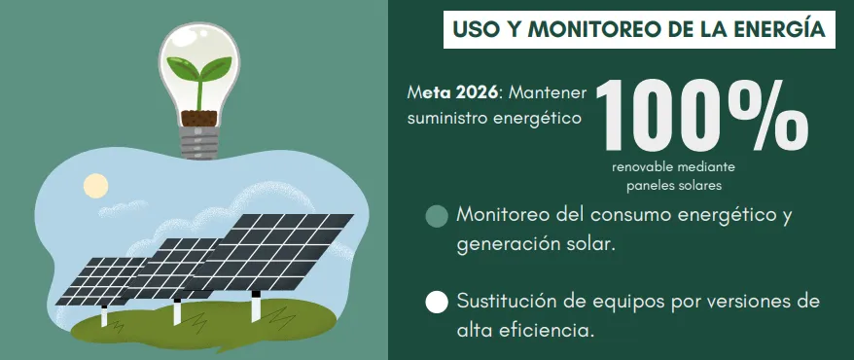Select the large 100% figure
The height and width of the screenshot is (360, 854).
(700, 114)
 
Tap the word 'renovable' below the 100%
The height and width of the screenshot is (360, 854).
(648, 167)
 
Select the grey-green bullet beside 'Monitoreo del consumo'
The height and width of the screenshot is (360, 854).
(438, 216)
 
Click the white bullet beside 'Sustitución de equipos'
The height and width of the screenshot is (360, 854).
(438, 302)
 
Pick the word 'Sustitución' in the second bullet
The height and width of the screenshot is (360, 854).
(508, 301)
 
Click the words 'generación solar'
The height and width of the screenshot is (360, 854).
(536, 243)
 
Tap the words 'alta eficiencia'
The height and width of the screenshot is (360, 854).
(524, 330)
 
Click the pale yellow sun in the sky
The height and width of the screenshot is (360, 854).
(95, 185)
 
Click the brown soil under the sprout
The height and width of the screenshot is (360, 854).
(199, 116)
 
